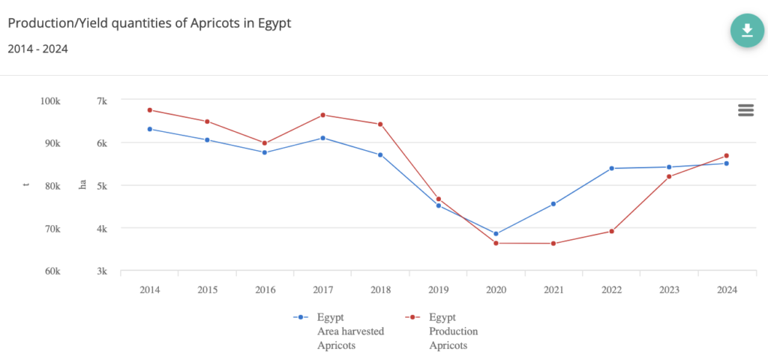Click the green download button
(x=746, y=30)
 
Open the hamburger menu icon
(x=745, y=110)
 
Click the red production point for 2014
(x=150, y=110)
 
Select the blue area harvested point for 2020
(x=496, y=234)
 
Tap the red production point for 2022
(x=611, y=231)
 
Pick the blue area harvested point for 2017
(x=322, y=138)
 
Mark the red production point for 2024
(x=727, y=156)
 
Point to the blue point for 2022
(x=611, y=168)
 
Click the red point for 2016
(x=265, y=143)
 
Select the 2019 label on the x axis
(x=438, y=289)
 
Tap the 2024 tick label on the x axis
(x=727, y=289)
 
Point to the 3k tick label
(x=102, y=271)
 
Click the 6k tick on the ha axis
(x=102, y=143)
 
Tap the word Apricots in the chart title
(x=193, y=23)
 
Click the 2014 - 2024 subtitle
(x=38, y=49)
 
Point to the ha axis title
(x=83, y=185)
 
